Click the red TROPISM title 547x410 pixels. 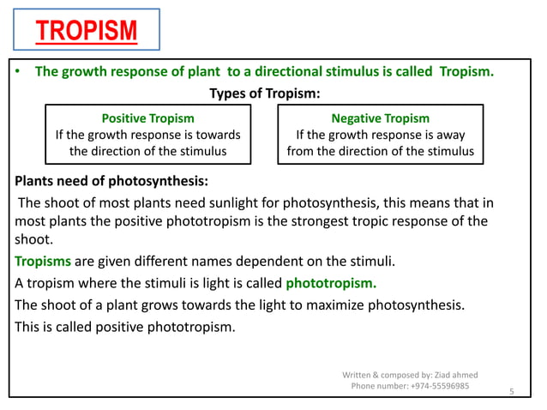click(86, 33)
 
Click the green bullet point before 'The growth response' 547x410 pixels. click(17, 72)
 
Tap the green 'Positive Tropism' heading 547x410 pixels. click(147, 118)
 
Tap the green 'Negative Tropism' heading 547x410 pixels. click(380, 118)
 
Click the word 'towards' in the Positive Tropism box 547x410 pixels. click(218, 135)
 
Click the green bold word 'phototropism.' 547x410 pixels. click(331, 282)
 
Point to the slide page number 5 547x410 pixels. click(511, 391)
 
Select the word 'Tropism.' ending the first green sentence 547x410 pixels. click(466, 72)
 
